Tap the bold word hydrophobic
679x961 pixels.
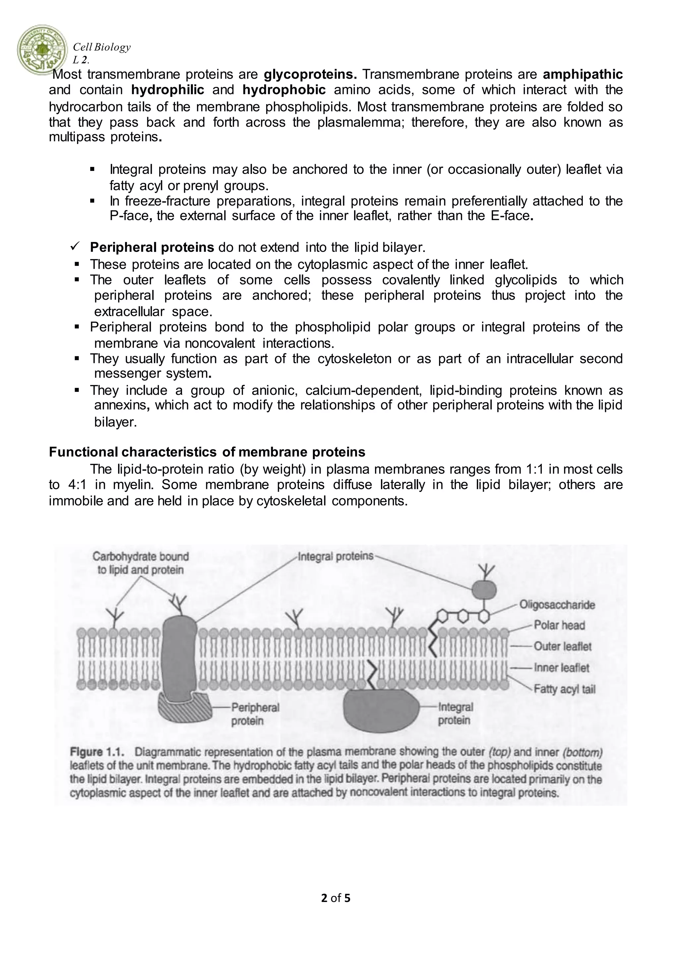coord(284,90)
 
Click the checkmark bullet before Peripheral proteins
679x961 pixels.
coord(76,247)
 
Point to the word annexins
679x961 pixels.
coord(120,405)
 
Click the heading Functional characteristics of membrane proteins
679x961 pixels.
coord(207,452)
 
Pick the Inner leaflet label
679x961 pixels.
coord(561,668)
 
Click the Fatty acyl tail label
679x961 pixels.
coord(564,689)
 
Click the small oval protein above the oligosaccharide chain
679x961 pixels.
coord(484,590)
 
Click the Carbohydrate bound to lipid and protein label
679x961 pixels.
coord(141,563)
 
